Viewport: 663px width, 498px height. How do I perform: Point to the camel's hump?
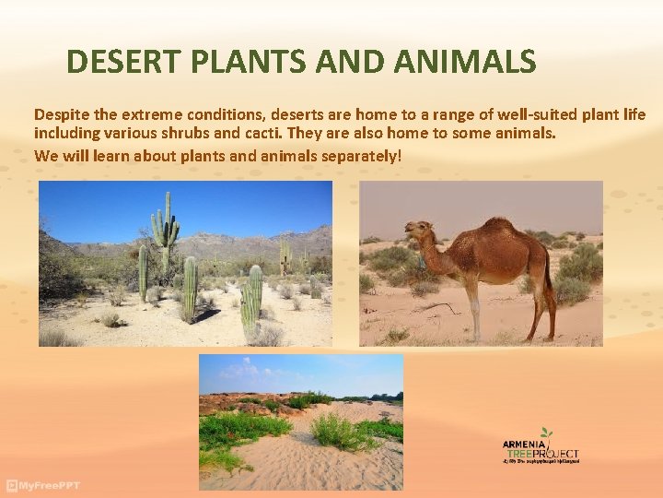click(x=500, y=228)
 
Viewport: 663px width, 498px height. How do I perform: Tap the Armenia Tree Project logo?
click(x=541, y=446)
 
